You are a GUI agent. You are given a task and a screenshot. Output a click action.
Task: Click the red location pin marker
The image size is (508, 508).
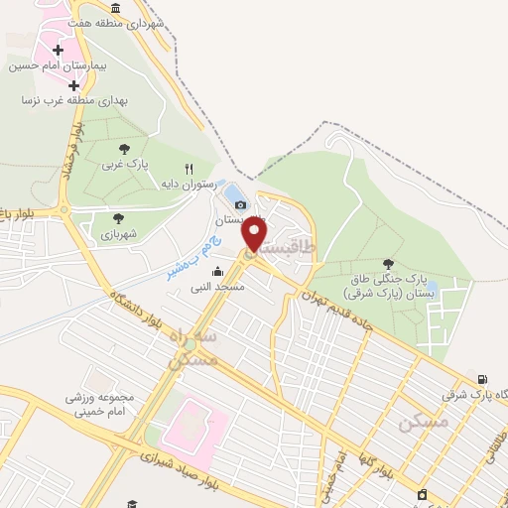click(x=255, y=233)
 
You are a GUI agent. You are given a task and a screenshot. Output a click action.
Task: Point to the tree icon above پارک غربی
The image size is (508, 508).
click(x=124, y=149)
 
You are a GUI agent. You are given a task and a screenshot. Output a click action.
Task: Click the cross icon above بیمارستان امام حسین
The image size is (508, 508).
click(x=58, y=50)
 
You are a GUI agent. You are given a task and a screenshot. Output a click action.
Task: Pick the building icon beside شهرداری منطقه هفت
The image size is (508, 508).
click(x=116, y=8)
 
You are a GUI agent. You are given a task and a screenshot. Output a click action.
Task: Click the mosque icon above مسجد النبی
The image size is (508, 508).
click(x=217, y=271)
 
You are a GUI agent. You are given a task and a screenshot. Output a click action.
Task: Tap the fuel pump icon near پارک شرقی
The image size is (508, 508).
click(x=482, y=379)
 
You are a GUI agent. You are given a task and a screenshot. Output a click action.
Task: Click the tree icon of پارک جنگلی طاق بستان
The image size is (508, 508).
click(x=386, y=263)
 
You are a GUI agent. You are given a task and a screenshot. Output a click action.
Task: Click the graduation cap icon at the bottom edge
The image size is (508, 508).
click(x=132, y=504)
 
